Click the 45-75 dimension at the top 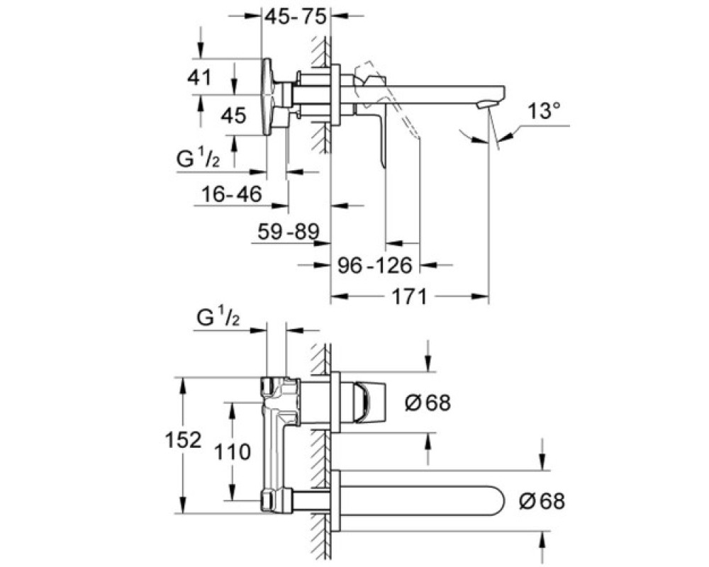pos(295,17)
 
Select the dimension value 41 pos(199,77)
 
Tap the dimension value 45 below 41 pos(233,116)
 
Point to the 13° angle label pos(544,111)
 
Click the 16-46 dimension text pos(232,194)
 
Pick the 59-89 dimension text pos(289,232)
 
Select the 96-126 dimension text pos(375,265)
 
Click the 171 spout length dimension pos(409,297)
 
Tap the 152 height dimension pos(183,440)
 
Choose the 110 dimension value pos(232,451)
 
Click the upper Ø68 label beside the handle pos(428,403)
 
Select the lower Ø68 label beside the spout pos(542,501)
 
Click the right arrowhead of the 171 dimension pos(481,297)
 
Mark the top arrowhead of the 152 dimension pos(183,386)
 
